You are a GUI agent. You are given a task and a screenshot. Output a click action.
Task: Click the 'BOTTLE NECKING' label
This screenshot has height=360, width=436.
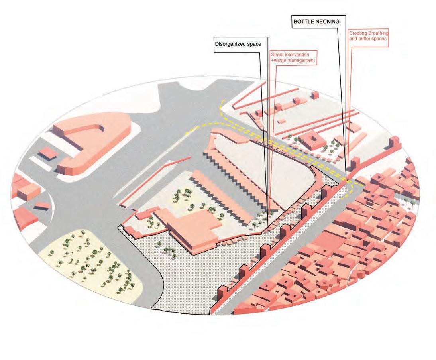click(316, 22)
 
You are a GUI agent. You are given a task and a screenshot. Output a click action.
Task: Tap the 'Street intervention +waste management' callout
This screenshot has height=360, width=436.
click(293, 57)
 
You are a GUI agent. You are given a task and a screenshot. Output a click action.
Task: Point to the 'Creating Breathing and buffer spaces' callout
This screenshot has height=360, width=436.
click(368, 36)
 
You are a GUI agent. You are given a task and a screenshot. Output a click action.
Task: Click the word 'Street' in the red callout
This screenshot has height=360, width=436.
click(277, 54)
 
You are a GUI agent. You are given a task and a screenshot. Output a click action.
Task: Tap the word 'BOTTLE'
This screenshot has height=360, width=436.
click(304, 22)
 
